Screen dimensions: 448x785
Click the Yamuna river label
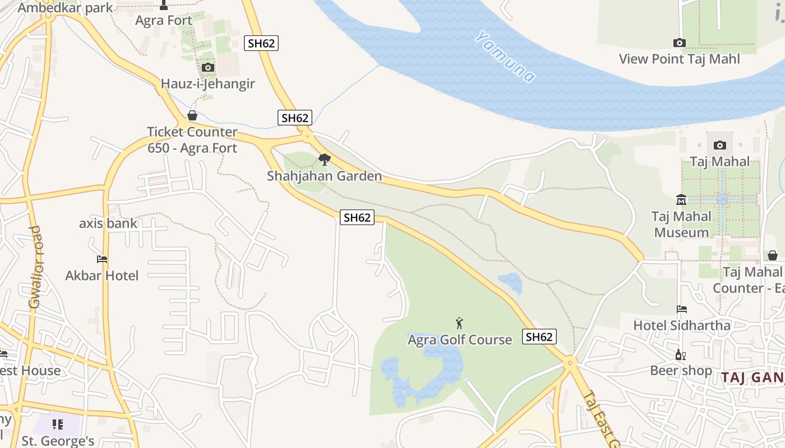[x=505, y=57]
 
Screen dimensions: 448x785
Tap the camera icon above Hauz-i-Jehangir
[x=207, y=68]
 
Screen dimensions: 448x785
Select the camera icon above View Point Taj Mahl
[x=679, y=43]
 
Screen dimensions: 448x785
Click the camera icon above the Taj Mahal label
[x=720, y=146]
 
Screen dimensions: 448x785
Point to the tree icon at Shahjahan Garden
[x=324, y=160]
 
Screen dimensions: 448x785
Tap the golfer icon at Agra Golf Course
[x=460, y=323]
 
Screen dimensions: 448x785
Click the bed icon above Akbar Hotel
[x=102, y=259]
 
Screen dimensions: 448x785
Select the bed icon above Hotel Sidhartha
[x=682, y=309]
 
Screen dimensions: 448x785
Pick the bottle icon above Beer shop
[x=680, y=354]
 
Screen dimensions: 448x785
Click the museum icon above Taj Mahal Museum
[x=681, y=200]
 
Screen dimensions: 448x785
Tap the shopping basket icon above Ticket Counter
[x=192, y=116]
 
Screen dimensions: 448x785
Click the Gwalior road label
[x=35, y=267]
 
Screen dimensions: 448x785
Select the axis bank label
[x=108, y=223]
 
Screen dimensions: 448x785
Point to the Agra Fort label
[x=164, y=21]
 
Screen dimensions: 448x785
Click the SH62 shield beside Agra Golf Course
[x=539, y=337]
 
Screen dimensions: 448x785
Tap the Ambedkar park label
[x=65, y=8]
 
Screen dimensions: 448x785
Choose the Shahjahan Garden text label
[x=324, y=176]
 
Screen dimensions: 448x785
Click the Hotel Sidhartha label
[x=682, y=325]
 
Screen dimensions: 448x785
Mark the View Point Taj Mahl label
[x=679, y=59]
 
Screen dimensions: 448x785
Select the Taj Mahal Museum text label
[x=681, y=224]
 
